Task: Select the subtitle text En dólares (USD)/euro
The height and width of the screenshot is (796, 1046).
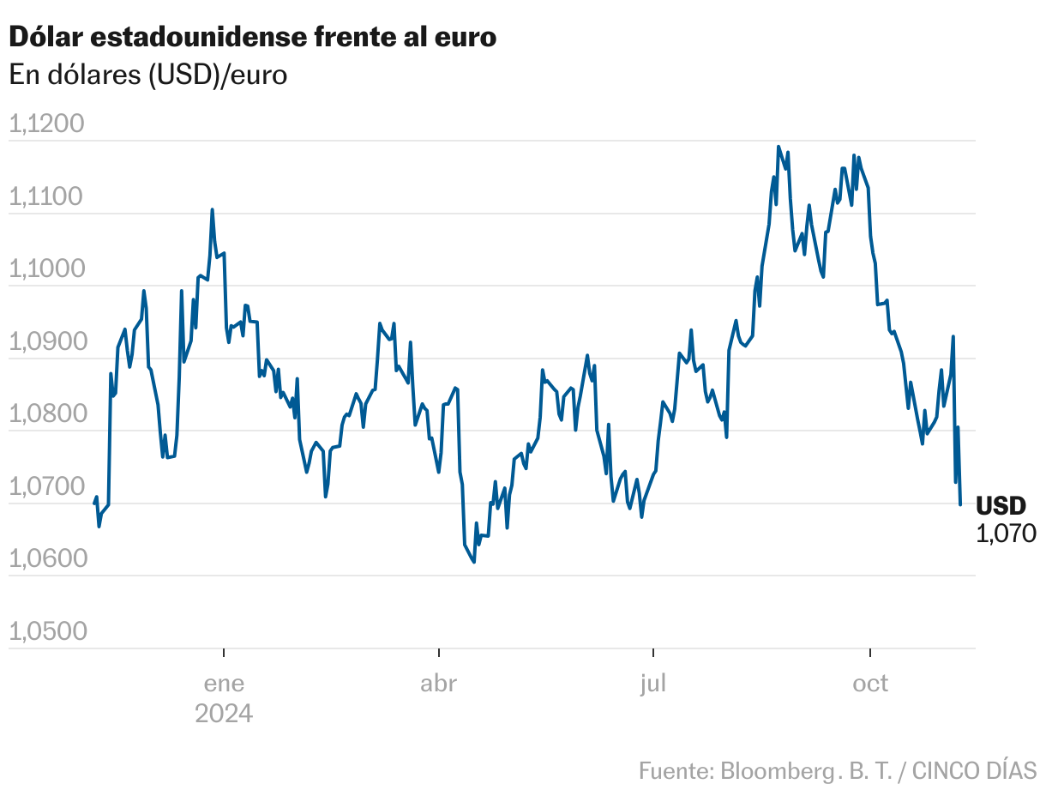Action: [147, 75]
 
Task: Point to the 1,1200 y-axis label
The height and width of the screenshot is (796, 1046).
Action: [58, 125]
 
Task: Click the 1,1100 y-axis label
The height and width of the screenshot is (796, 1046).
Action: [58, 197]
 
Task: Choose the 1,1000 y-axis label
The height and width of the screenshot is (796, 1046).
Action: [58, 270]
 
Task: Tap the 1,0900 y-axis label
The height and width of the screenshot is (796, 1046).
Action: [58, 342]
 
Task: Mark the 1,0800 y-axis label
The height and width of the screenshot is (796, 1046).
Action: [58, 415]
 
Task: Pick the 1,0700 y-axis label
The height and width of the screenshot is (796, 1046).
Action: [58, 487]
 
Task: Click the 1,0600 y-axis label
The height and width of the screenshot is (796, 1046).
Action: [58, 559]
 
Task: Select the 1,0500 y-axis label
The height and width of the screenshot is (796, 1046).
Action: [58, 632]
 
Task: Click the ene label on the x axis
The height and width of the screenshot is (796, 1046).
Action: [224, 684]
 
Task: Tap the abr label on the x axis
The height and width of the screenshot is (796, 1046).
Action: [438, 684]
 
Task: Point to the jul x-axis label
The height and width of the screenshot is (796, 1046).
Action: [653, 684]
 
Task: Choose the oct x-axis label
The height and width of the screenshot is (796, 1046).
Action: [870, 684]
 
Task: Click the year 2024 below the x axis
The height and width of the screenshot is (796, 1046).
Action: [224, 714]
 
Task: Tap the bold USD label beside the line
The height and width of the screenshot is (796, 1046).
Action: [1001, 505]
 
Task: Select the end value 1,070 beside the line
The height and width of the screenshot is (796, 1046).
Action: [1006, 534]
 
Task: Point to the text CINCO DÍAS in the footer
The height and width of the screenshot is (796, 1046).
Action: [974, 769]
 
